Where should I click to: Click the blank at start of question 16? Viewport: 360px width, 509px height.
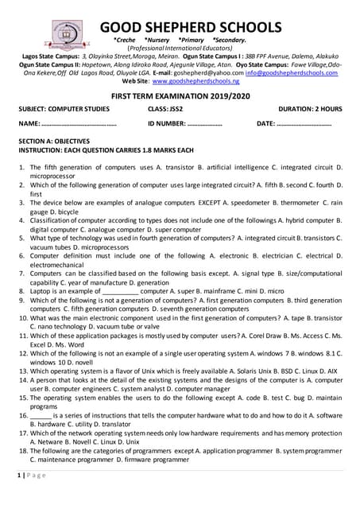pos(41,415)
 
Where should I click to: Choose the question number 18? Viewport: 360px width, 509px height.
pos(23,450)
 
